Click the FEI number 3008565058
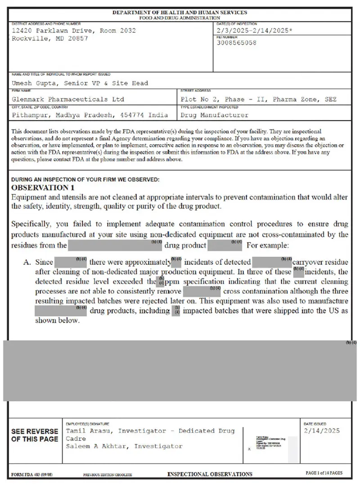pyautogui.click(x=236, y=43)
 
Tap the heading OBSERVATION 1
pyautogui.click(x=43, y=187)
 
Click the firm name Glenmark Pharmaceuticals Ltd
pyautogui.click(x=68, y=99)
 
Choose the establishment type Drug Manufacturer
pyautogui.click(x=214, y=115)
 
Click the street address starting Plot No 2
pyautogui.click(x=258, y=99)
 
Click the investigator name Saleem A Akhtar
pyautogui.click(x=94, y=446)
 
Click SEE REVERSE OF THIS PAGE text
pyautogui.click(x=35, y=435)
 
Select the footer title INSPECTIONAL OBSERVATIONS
pyautogui.click(x=210, y=474)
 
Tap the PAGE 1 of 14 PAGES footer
pyautogui.click(x=324, y=473)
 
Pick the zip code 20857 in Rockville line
pyautogui.click(x=78, y=38)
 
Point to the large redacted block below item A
pyautogui.click(x=180, y=371)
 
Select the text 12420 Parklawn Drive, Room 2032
pyautogui.click(x=73, y=31)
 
